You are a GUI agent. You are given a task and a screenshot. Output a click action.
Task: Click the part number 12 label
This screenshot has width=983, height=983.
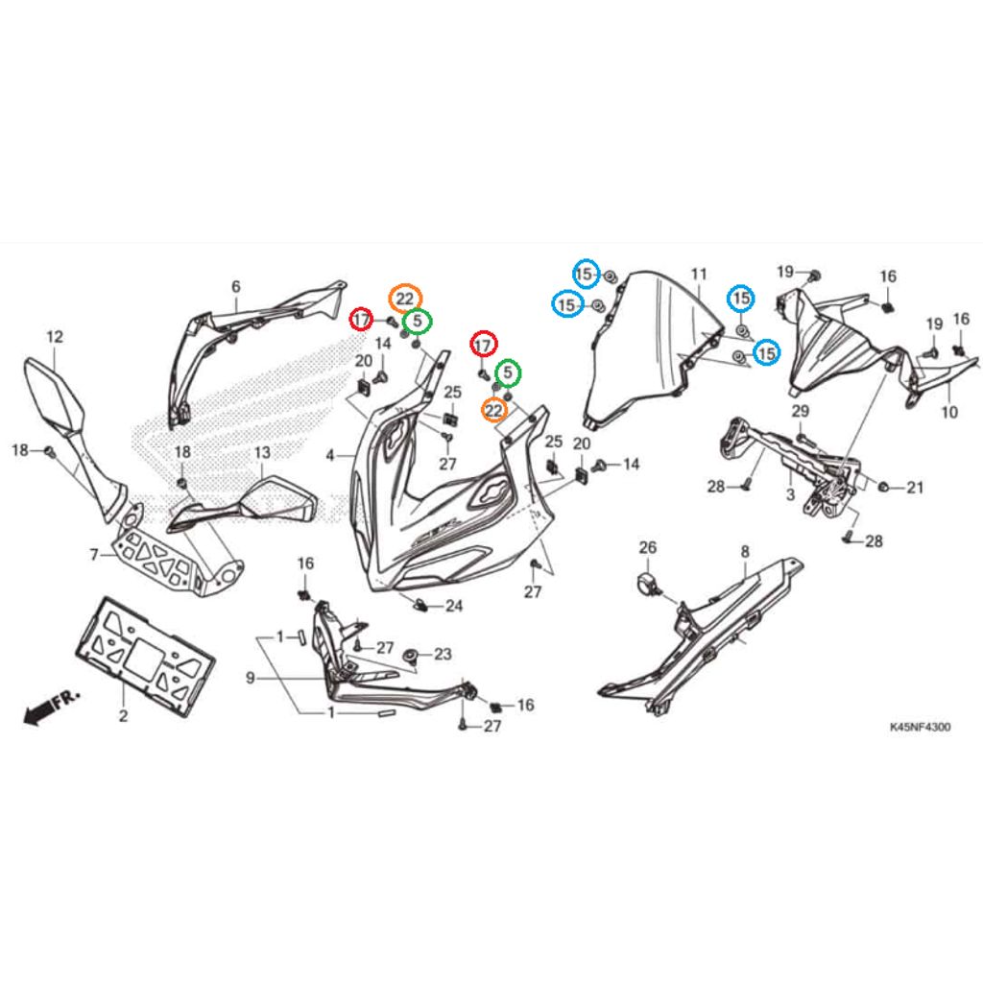coord(54,336)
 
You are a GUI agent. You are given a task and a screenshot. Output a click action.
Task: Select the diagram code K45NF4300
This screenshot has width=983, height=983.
coord(920,728)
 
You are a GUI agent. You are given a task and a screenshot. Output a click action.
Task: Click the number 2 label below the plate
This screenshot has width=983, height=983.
coord(123,716)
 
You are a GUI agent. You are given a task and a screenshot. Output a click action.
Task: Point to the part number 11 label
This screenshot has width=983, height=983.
coord(698,275)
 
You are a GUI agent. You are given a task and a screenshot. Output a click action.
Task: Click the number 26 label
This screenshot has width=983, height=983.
coord(648,548)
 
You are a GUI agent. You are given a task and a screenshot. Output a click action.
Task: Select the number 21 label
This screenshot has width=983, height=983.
coord(915,489)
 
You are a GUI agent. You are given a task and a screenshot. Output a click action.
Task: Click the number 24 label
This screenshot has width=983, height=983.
coord(453,607)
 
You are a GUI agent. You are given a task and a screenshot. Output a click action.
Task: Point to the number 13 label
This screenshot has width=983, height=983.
coord(262,452)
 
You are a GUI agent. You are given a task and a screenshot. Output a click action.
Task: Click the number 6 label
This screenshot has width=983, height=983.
coord(236,286)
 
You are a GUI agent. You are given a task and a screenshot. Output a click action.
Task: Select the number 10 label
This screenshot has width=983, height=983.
coord(949,413)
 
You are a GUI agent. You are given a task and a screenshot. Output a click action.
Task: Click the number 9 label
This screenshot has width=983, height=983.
coord(250,679)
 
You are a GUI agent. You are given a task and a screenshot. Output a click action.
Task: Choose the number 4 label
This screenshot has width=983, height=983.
coord(330,456)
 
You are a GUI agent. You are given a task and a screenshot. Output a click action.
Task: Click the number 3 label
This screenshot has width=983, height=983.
coord(789,494)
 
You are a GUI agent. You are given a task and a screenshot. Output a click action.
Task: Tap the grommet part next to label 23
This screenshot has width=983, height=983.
coord(411,656)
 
